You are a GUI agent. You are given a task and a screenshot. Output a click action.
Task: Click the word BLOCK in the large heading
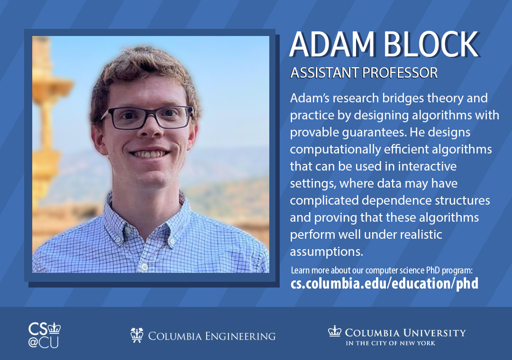tap(430, 45)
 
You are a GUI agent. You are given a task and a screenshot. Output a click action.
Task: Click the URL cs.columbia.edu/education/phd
tap(384, 283)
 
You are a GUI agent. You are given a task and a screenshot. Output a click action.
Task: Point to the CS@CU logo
tap(45, 335)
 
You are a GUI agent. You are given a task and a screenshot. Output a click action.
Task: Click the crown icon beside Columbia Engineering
tap(137, 335)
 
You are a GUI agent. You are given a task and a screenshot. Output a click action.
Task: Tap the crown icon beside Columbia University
tap(335, 331)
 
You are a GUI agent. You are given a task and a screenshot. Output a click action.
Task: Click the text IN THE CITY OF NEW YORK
tap(391, 343)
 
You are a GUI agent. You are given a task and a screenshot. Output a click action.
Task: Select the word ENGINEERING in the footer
tap(240, 336)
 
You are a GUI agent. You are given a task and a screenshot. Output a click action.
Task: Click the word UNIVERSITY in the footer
tap(434, 333)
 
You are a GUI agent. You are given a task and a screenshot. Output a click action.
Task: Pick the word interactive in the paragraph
tap(427, 166)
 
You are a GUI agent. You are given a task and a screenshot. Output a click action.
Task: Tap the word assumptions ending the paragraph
tap(327, 252)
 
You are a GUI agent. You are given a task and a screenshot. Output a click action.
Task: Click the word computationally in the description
tap(335, 150)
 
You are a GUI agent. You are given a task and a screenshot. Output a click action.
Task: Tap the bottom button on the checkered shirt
tap(145, 268)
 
